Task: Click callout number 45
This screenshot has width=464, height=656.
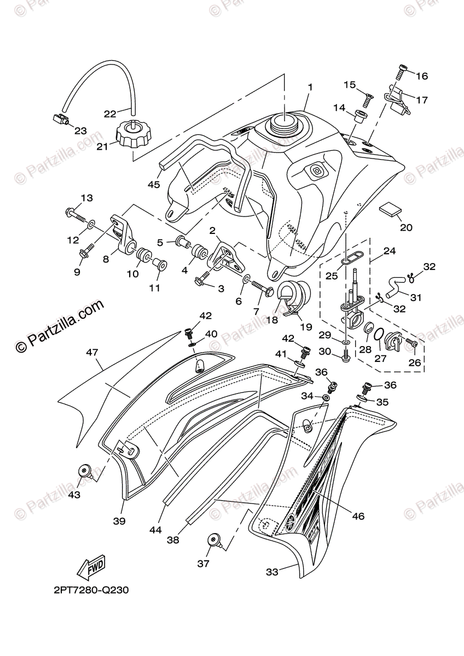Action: click(154, 185)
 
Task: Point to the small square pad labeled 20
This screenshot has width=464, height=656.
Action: click(389, 209)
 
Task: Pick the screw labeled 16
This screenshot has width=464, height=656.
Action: click(401, 71)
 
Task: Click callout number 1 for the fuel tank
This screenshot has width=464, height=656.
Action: click(310, 87)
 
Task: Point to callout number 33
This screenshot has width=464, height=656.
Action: click(272, 572)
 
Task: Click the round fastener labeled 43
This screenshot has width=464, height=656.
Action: click(85, 470)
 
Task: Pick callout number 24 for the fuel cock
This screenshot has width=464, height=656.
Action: click(389, 251)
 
